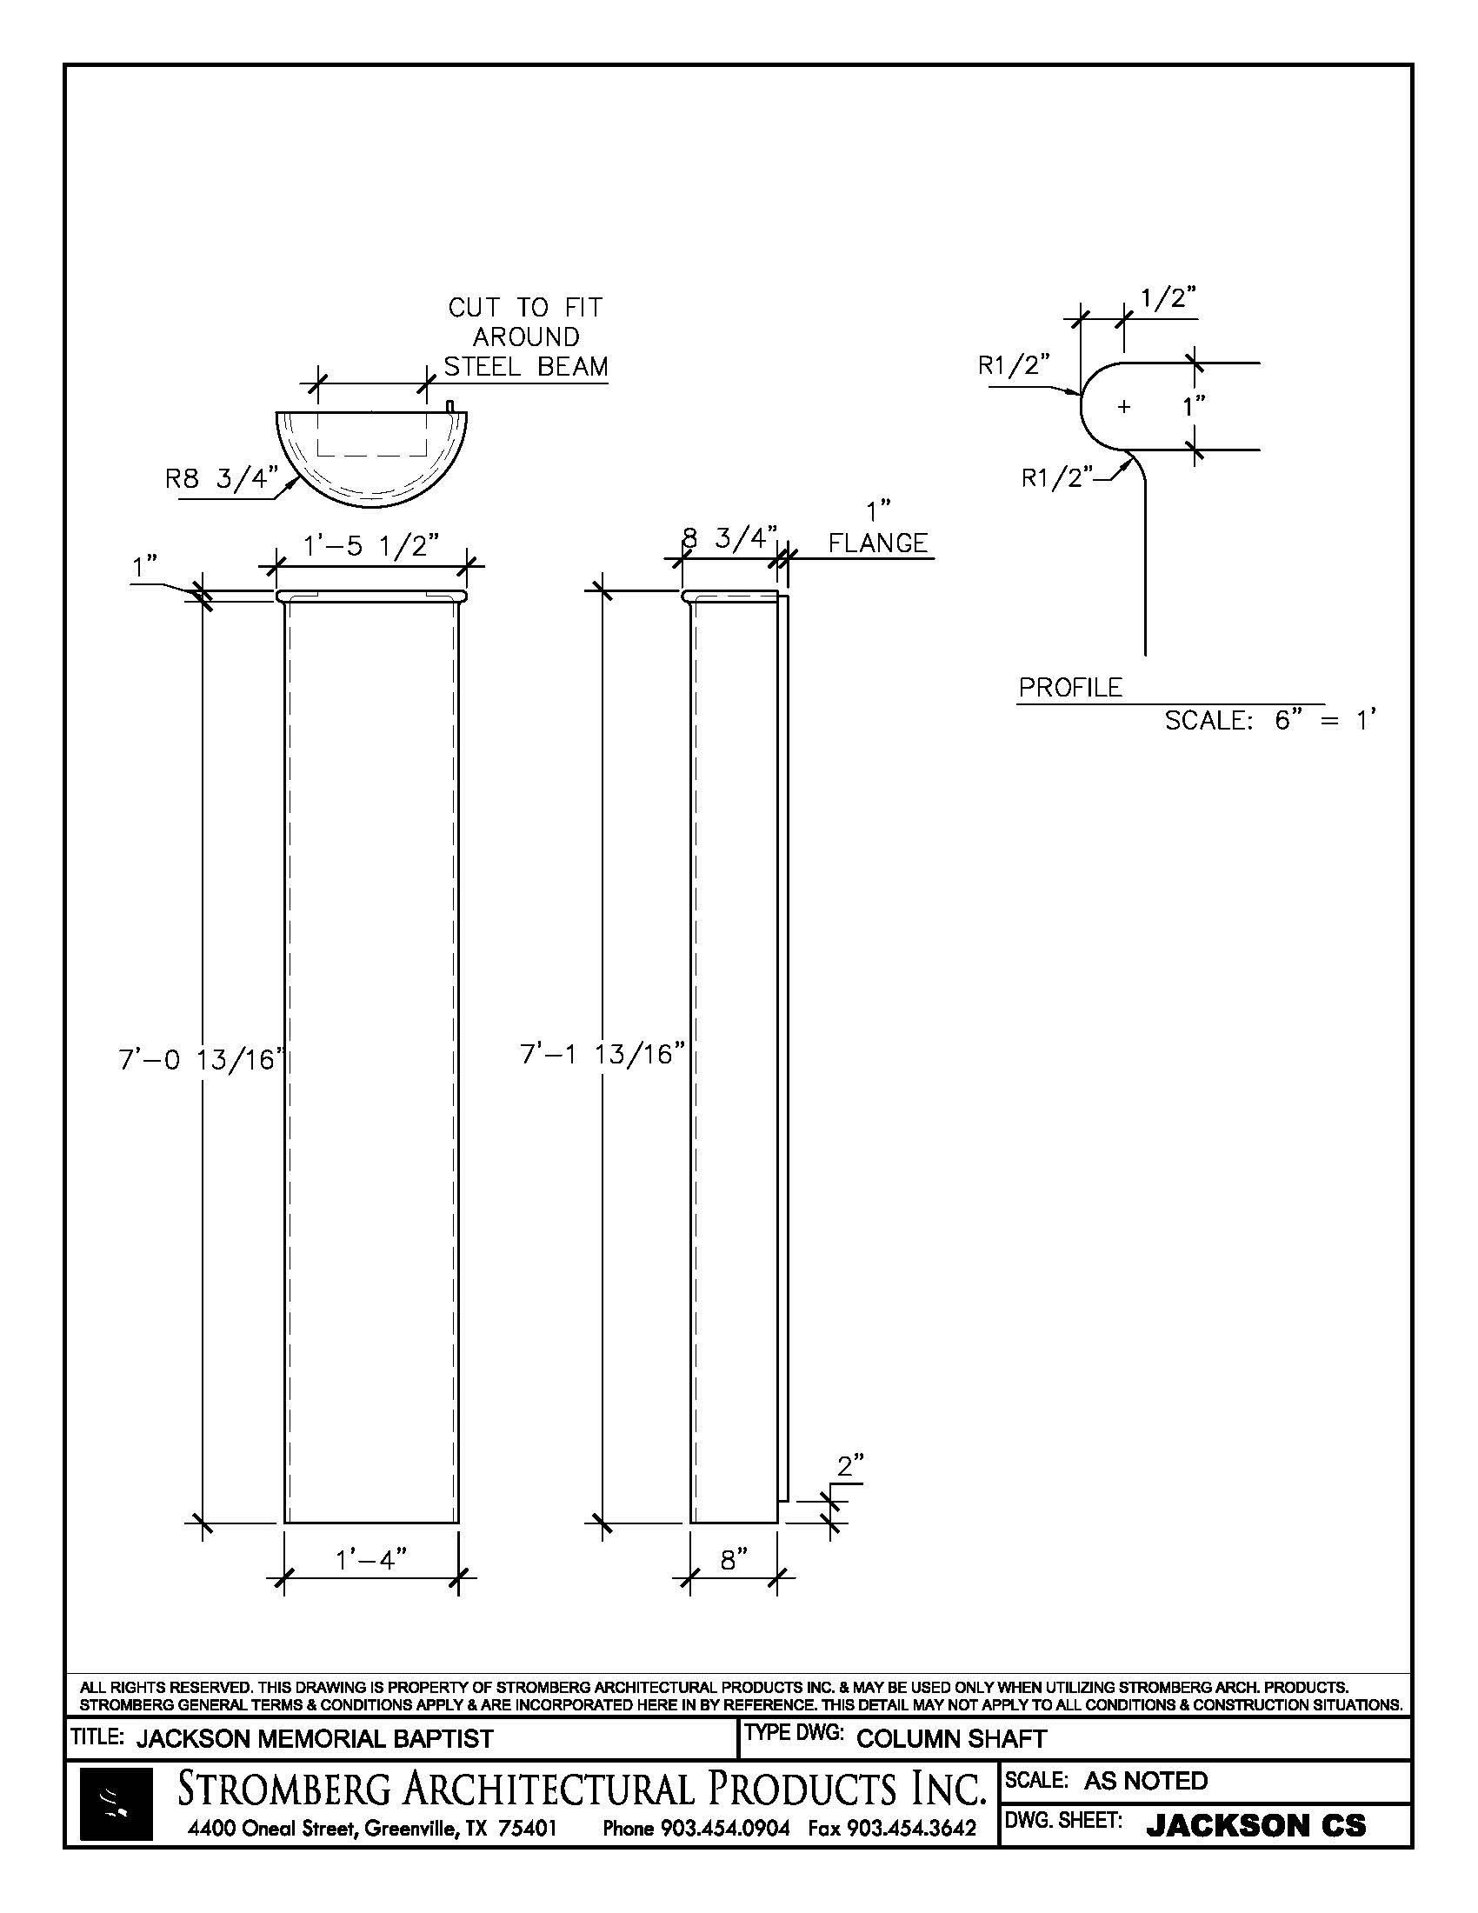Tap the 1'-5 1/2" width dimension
[x=370, y=547]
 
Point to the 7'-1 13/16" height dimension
[x=603, y=1054]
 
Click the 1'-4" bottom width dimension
[x=371, y=1560]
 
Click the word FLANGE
[x=877, y=543]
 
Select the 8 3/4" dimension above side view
[x=730, y=537]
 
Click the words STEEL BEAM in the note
[x=525, y=366]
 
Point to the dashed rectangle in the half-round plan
[x=371, y=435]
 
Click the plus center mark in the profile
[x=1124, y=406]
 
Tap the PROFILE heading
[x=1070, y=688]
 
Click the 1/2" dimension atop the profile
[x=1168, y=298]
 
